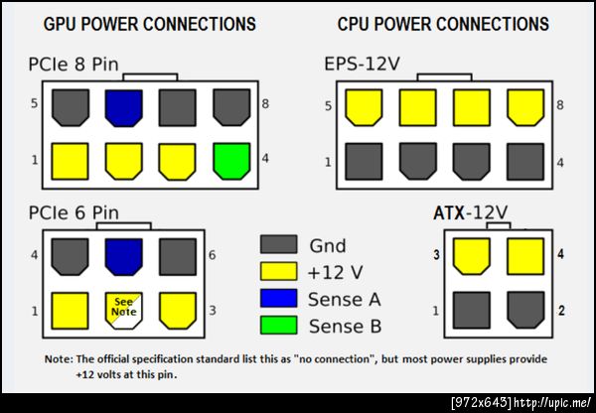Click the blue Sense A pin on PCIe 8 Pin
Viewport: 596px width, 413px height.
coord(122,106)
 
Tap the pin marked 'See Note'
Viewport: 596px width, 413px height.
coord(123,308)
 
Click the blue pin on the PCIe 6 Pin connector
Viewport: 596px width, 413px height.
coord(123,255)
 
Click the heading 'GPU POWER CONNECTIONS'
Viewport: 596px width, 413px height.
coord(150,24)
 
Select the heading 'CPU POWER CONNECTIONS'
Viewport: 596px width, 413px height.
coord(441,24)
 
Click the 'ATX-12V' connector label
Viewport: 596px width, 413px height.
coord(471,213)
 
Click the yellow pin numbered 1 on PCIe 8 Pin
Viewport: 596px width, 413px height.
coord(69,159)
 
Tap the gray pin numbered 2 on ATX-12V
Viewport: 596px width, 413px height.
coord(526,312)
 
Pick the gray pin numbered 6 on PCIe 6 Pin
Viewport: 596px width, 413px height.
coord(178,255)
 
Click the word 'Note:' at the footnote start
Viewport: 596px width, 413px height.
coord(59,358)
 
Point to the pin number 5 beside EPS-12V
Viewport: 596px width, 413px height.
coord(328,103)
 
